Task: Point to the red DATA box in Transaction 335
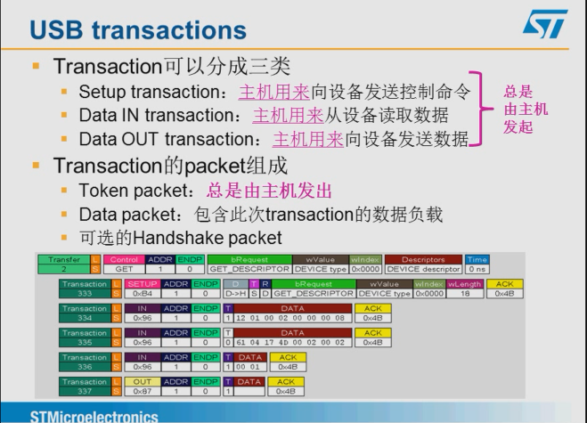pyautogui.click(x=286, y=334)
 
